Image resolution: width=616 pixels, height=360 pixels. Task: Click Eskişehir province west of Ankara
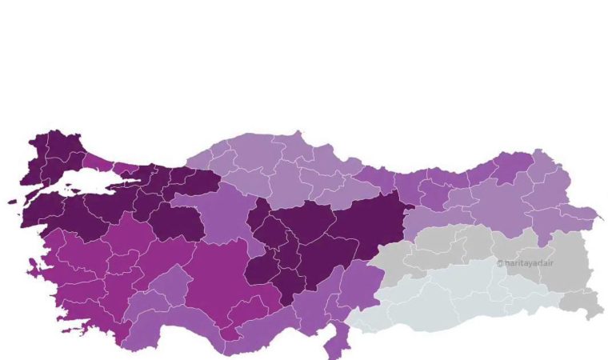coord(172,220)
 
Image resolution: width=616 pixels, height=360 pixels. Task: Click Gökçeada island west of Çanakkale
coord(13,201)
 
